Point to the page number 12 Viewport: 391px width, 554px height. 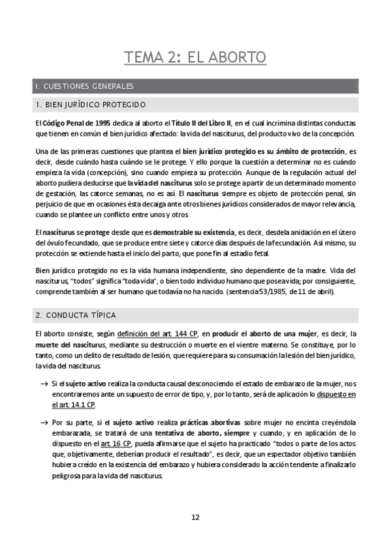coord(195,517)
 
